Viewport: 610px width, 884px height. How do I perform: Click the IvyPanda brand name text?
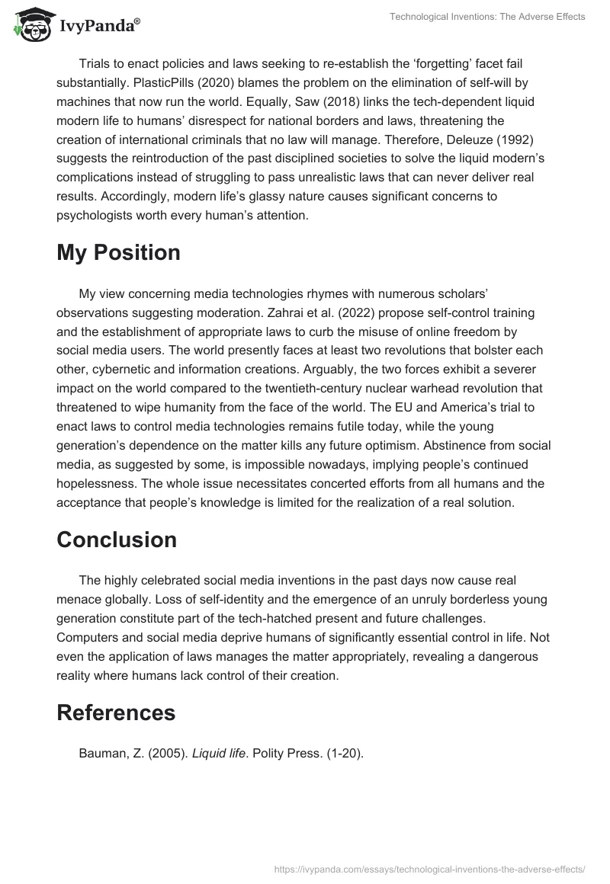click(99, 26)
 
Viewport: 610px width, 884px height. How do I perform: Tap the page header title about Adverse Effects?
click(487, 17)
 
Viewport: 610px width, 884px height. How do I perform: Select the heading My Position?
click(118, 253)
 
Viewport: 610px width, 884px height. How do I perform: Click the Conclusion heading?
click(117, 540)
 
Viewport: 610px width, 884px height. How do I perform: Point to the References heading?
click(116, 713)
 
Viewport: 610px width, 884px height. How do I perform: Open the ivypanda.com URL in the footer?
click(429, 868)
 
